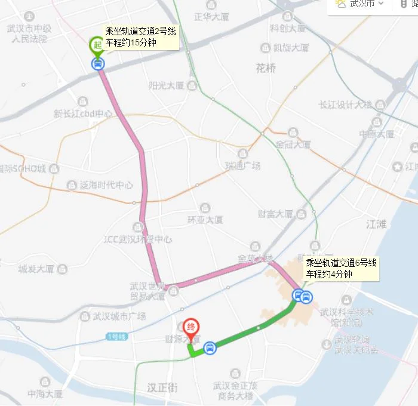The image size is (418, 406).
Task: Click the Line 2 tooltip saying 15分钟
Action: pos(140,37)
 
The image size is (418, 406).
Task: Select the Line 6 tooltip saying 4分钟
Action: pos(341,269)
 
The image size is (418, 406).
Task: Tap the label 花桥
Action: pos(266,68)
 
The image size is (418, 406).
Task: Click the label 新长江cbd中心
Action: pos(83,113)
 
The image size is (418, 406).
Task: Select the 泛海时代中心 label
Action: pos(106,185)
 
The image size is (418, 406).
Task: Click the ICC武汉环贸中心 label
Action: pos(138,240)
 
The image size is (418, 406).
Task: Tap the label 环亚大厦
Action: pos(205,220)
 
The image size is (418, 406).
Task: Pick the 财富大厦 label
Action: pos(275,213)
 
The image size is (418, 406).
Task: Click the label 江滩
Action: pos(376,224)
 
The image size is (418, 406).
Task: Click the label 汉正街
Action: pos(162,387)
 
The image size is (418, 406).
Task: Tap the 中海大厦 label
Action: pos(45,394)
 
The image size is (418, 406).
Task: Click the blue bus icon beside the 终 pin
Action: pos(210,347)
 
